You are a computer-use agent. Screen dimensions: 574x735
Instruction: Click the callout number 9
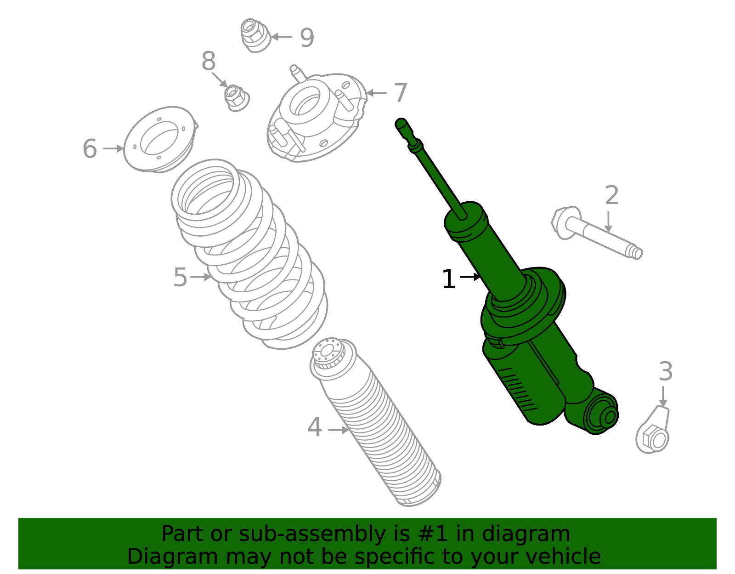307,37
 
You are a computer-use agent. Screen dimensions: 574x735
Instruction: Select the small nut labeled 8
236,97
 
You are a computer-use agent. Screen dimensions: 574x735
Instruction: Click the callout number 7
400,93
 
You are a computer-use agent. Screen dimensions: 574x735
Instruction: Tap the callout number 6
90,149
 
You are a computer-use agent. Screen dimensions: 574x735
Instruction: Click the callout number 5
180,277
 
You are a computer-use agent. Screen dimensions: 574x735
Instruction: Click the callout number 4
314,427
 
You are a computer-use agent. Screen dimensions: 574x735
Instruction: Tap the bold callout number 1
448,279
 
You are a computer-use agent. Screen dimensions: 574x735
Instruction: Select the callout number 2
611,195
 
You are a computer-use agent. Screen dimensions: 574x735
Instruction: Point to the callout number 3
666,371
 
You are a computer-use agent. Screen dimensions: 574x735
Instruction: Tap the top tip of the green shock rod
401,123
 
